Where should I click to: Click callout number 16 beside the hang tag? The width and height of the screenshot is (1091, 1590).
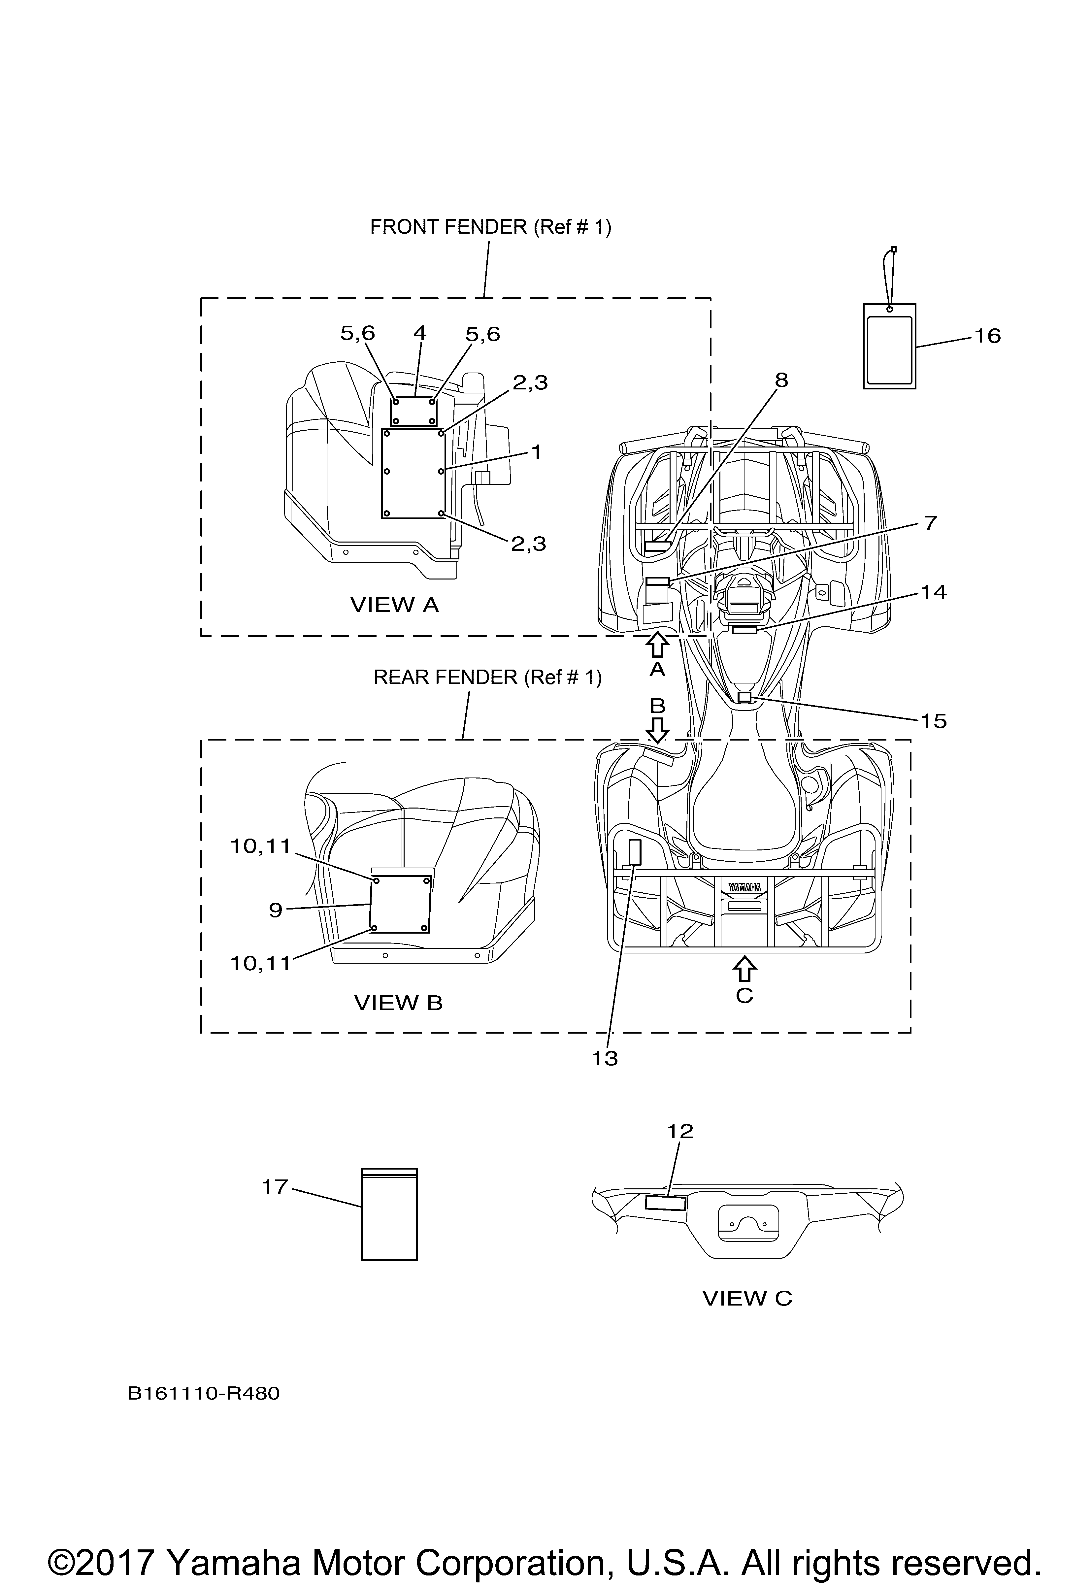987,336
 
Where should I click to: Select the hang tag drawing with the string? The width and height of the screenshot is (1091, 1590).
889,346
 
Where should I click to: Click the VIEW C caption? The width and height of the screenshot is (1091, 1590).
747,1298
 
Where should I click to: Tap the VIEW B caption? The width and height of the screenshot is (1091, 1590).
398,1003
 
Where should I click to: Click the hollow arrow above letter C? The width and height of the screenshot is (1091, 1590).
744,969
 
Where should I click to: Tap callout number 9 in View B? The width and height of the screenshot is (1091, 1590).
275,910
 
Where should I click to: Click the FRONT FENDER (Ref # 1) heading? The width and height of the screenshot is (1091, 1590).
490,227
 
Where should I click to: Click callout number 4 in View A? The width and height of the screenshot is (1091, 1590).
419,333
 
